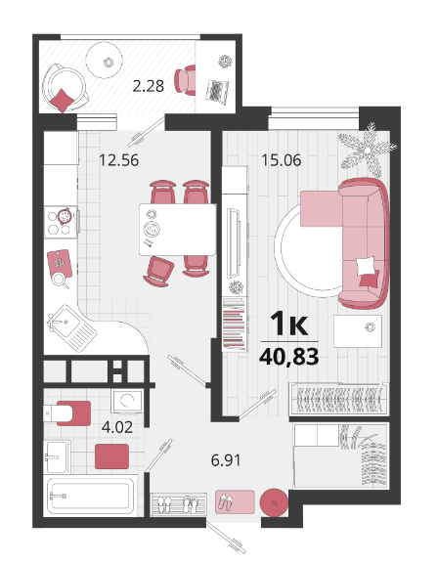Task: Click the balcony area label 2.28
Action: [149, 86]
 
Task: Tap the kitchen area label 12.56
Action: [119, 160]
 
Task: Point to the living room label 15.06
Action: [282, 160]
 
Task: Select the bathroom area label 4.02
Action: [117, 427]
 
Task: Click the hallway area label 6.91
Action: [226, 460]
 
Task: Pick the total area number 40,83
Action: [289, 357]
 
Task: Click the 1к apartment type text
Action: [289, 324]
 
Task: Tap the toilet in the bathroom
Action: [66, 413]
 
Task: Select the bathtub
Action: [90, 497]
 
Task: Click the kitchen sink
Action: [71, 327]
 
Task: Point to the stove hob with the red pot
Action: [61, 222]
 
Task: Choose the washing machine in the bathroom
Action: [127, 402]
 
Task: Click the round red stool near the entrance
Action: [274, 502]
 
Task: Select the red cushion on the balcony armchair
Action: [63, 100]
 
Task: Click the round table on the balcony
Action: [105, 60]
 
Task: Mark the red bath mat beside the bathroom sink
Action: [111, 456]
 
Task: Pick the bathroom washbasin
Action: [57, 456]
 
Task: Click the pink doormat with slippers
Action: [235, 501]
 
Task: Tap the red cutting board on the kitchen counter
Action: [60, 264]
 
